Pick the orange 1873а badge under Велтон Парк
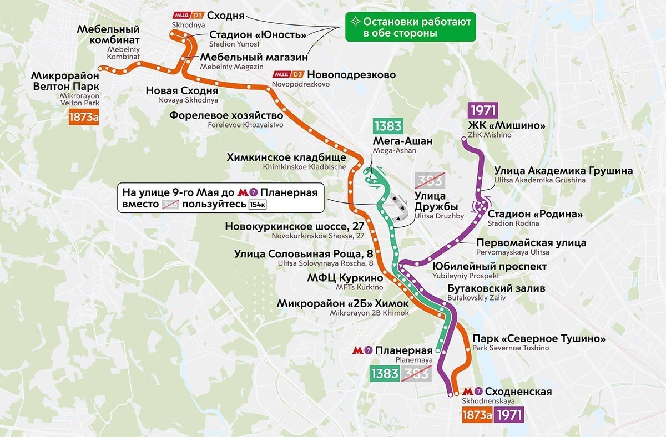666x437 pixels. click(83, 118)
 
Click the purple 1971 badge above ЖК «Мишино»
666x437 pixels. click(483, 110)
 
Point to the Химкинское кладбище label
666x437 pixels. click(286, 157)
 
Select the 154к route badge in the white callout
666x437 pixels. click(257, 205)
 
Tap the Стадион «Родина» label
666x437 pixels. click(535, 214)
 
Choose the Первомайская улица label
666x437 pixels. click(531, 243)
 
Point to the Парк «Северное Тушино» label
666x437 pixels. click(538, 339)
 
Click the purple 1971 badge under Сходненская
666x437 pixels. click(509, 415)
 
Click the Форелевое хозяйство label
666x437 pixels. click(226, 116)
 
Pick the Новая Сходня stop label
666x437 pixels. click(181, 91)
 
